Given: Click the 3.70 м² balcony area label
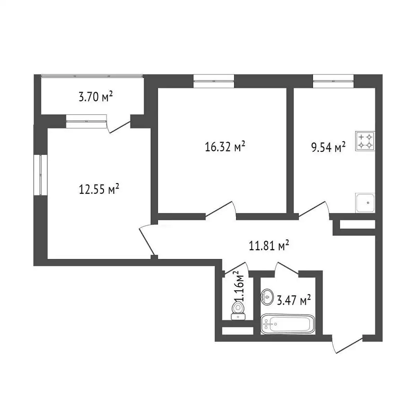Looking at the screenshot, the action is point(96,97).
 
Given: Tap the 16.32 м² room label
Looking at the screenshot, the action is point(225,146).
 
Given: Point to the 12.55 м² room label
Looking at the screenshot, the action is point(99,189).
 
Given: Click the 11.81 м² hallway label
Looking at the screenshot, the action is point(269,246).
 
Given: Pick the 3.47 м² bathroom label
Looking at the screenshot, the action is point(294,301).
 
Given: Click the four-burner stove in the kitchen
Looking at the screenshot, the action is point(365,141).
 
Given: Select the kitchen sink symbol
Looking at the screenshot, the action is point(365,203).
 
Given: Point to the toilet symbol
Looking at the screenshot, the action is point(238,311).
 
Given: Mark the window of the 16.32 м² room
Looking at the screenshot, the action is point(214,81).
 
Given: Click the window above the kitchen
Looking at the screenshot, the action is point(333,81).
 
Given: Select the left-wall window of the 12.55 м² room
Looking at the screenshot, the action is point(41,175).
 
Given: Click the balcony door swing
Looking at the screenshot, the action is point(118,124).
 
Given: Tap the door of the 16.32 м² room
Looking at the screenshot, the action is point(220,211).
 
